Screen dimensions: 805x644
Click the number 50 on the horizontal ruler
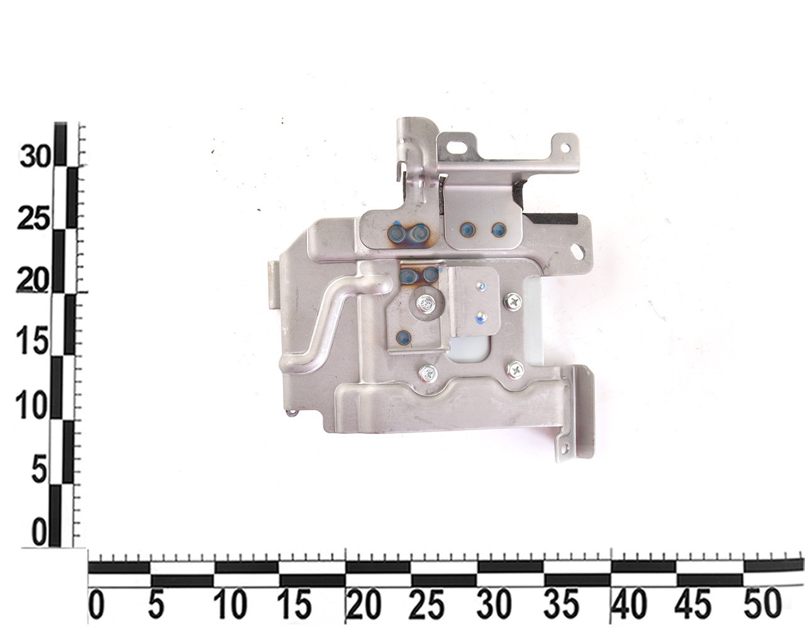tap(762, 605)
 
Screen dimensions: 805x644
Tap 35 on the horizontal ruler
tap(561, 605)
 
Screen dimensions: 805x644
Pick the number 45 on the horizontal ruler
tap(693, 605)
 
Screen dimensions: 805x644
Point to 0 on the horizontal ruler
tap(97, 605)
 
